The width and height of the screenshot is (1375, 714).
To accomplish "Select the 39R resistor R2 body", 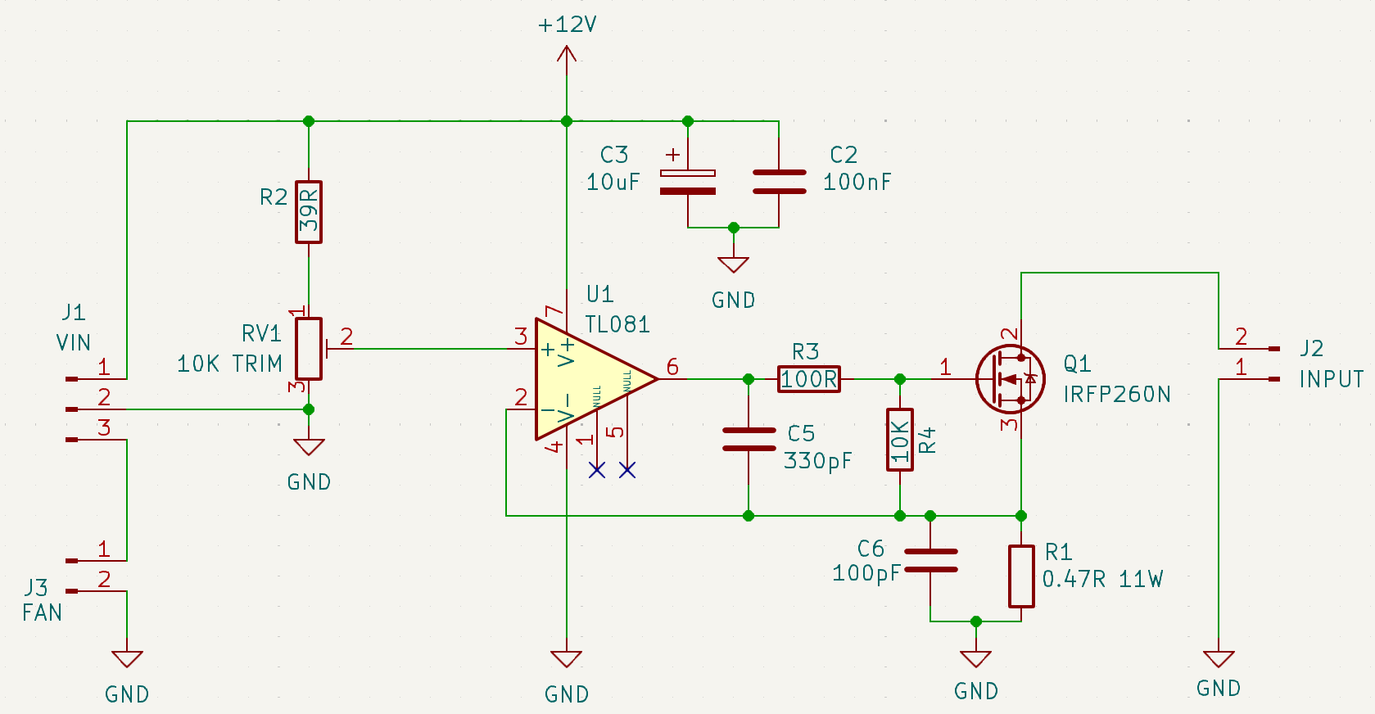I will tap(309, 212).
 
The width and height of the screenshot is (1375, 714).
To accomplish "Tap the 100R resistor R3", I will tap(808, 379).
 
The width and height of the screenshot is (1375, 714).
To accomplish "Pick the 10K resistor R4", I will tap(900, 440).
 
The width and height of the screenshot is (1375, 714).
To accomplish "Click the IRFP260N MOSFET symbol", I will tap(1011, 378).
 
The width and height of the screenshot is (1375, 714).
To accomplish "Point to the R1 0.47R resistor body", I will tap(1021, 576).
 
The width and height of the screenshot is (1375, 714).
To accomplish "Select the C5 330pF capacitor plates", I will tap(749, 440).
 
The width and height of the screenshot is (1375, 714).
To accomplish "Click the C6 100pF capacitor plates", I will tap(930, 561).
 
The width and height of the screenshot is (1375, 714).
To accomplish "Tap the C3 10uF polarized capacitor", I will tap(688, 182).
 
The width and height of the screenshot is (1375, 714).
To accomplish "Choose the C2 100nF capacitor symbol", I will tap(779, 182).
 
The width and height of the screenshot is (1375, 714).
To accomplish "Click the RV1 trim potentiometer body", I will tap(309, 349).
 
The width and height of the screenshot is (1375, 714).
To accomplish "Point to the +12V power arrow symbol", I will tap(566, 56).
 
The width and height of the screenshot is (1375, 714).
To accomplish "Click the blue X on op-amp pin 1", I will tap(597, 470).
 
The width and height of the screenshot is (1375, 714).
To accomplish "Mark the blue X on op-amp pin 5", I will tap(627, 470).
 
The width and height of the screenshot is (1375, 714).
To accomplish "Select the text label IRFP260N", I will tap(1117, 395).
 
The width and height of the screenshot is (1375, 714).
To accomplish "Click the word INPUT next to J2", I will tap(1332, 379).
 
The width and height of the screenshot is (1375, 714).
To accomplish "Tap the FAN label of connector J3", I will tap(42, 612).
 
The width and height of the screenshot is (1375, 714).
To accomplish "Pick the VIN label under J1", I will tap(73, 342).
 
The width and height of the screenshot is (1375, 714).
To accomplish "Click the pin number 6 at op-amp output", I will tap(672, 366).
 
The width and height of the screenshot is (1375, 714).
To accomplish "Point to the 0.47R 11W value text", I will tap(1102, 580).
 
